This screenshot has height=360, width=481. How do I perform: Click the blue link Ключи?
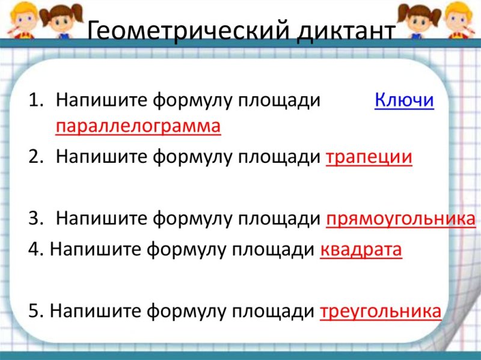404,100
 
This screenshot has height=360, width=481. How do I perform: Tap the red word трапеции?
369,157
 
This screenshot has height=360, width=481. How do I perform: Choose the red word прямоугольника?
401,219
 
